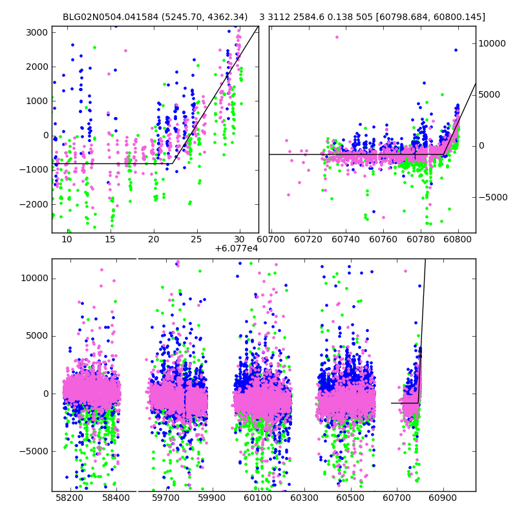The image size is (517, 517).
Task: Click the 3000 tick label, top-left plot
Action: (x=36, y=32)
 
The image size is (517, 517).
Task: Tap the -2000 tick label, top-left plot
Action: (x=34, y=204)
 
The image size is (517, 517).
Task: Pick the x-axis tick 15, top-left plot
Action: (x=110, y=239)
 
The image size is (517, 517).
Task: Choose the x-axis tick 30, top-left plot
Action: (x=240, y=239)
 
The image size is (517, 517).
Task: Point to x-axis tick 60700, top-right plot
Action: (x=271, y=239)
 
